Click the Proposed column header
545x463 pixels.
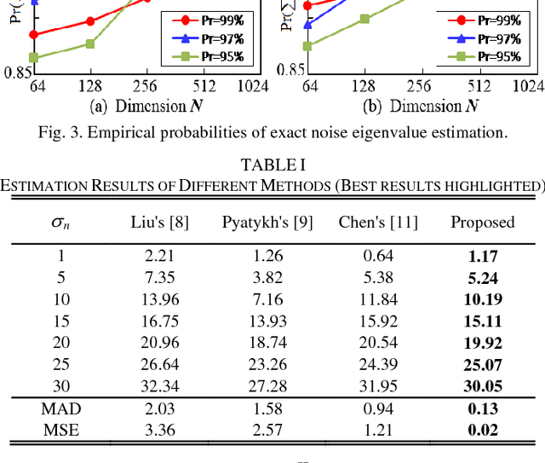pyautogui.click(x=483, y=223)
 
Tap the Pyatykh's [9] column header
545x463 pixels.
pyautogui.click(x=267, y=223)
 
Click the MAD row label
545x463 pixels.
pyautogui.click(x=54, y=409)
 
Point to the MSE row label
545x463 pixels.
pyautogui.click(x=54, y=429)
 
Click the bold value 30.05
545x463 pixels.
pyautogui.click(x=482, y=386)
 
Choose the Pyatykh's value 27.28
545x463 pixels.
pyautogui.click(x=267, y=386)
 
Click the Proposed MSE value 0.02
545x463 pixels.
pyautogui.click(x=482, y=429)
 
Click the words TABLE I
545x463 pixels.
pyautogui.click(x=272, y=165)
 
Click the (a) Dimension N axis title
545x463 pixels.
pyautogui.click(x=137, y=106)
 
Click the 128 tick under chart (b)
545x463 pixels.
pyautogui.click(x=364, y=85)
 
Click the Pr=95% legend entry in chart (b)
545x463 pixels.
pyautogui.click(x=485, y=57)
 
